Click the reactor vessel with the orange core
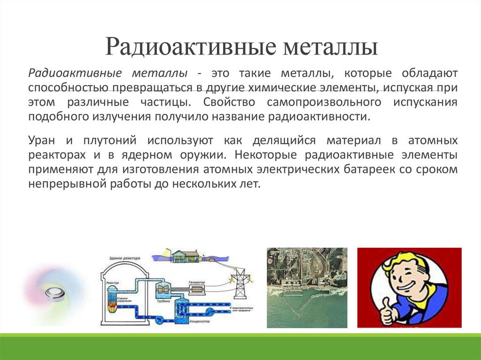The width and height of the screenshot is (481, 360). (x=113, y=300)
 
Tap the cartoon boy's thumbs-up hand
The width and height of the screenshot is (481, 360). (x=388, y=314)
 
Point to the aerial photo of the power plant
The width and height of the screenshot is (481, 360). (x=307, y=287)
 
